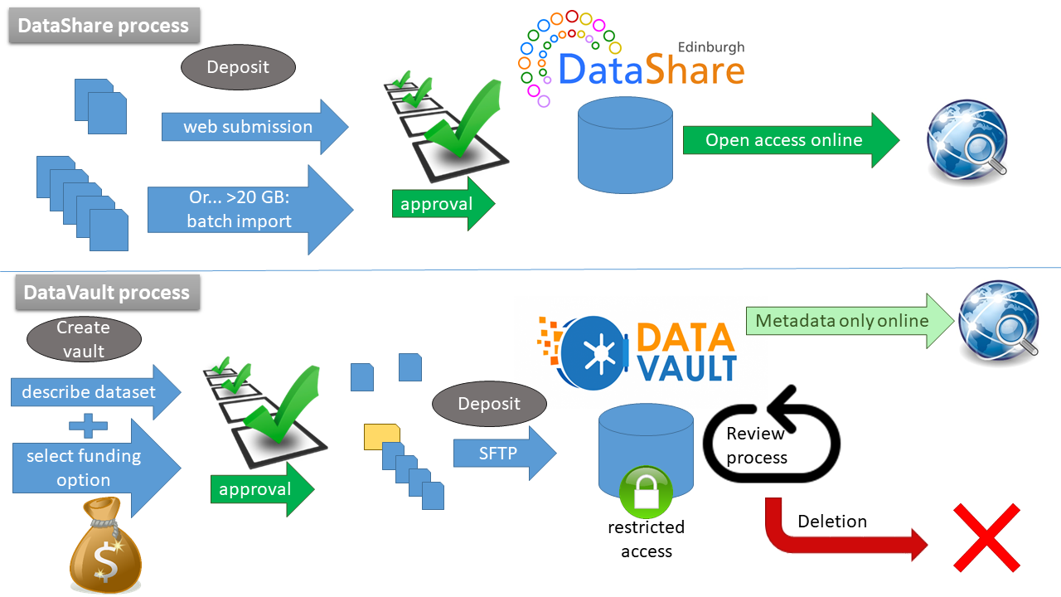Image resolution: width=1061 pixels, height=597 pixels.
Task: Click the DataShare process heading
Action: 104,26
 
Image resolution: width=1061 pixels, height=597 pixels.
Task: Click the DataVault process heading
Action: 107,293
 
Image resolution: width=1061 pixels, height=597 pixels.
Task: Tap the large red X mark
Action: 986,536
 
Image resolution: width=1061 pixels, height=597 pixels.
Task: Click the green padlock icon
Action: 646,493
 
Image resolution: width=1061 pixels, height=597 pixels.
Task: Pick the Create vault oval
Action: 84,339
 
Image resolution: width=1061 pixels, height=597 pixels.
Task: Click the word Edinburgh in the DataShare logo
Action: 711,47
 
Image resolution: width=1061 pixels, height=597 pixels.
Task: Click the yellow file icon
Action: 381,436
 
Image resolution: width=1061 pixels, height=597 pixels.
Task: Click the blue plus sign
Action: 88,427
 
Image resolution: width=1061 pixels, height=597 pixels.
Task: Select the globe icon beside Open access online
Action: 967,142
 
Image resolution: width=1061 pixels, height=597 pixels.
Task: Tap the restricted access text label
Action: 646,539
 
